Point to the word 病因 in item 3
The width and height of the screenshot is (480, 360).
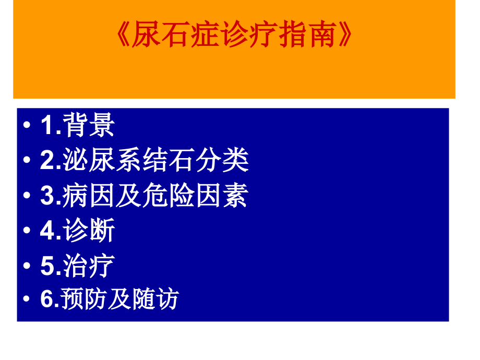pos(89,196)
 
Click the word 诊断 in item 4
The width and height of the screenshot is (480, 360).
pos(88,231)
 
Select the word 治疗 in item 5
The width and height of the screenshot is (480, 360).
pos(88,266)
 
